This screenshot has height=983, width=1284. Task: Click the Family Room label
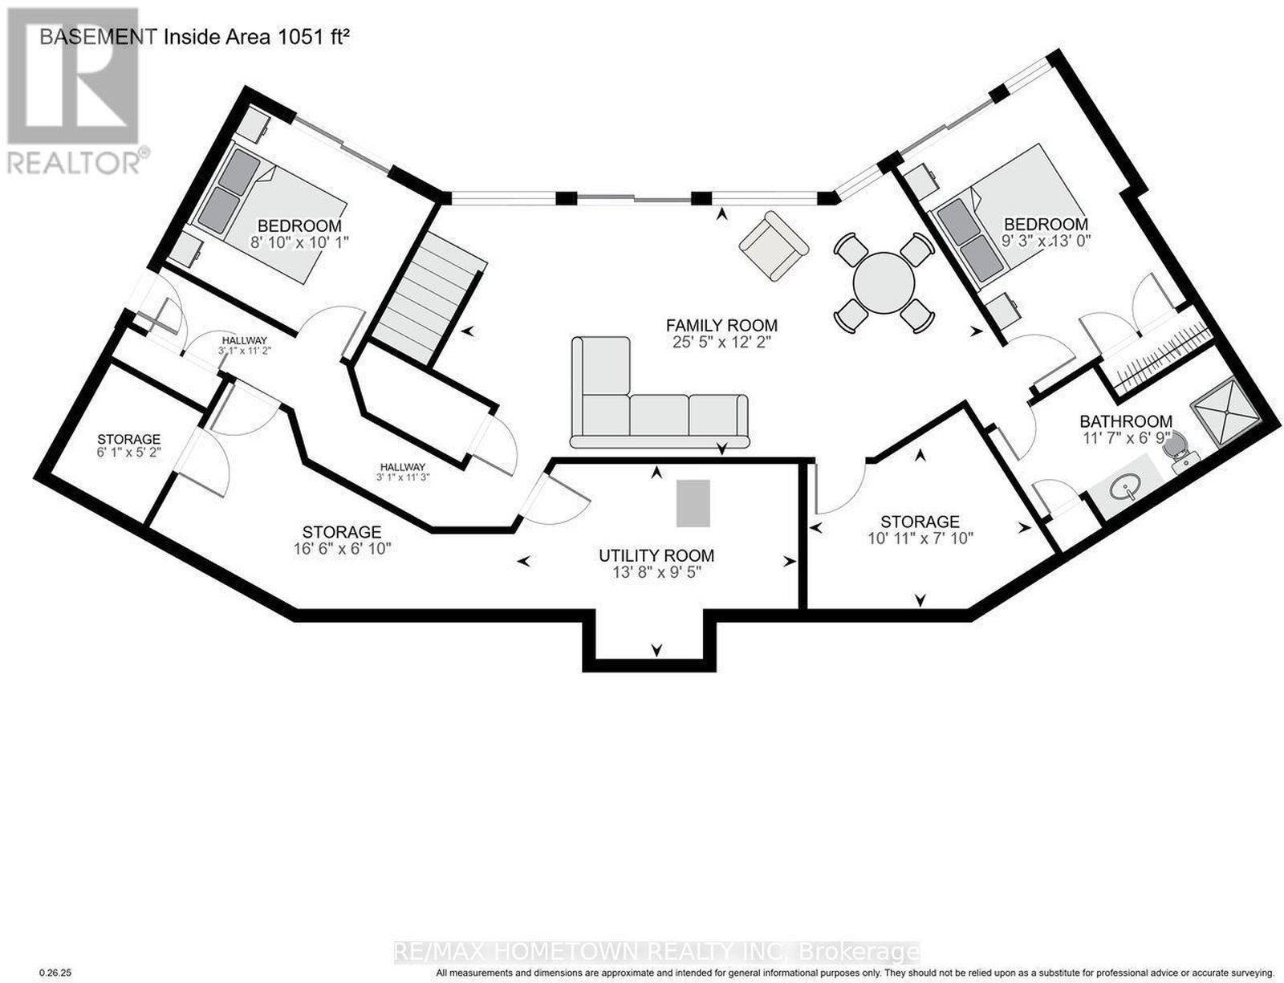[x=721, y=325]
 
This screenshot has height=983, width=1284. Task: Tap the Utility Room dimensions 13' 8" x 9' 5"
[x=656, y=572]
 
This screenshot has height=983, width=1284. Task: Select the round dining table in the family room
[x=884, y=283]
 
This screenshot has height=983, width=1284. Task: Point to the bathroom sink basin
[x=1125, y=489]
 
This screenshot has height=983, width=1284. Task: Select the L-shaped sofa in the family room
[x=659, y=392]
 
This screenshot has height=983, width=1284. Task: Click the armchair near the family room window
[x=774, y=246]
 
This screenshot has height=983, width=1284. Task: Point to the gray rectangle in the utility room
[x=693, y=502]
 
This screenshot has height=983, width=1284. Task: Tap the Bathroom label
[x=1126, y=421]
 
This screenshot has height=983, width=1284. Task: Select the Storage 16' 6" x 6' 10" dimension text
[x=342, y=549]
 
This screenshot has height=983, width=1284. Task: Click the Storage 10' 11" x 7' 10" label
[x=920, y=530]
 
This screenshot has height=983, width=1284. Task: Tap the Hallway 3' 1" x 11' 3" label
[x=403, y=471]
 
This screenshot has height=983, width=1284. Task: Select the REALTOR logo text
[x=74, y=163]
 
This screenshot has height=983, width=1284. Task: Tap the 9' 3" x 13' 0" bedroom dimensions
[x=1046, y=241]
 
